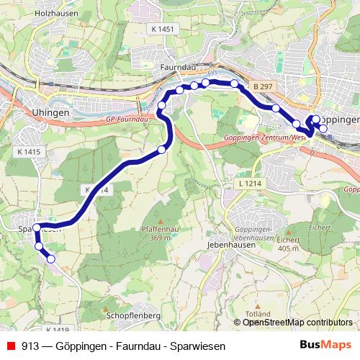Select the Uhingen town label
(x=50, y=113)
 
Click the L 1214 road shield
(x=246, y=185)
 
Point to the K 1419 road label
(x=58, y=330)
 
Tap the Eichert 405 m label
(x=287, y=244)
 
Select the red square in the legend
(x=11, y=346)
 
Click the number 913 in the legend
(x=30, y=346)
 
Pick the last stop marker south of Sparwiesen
(x=51, y=260)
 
